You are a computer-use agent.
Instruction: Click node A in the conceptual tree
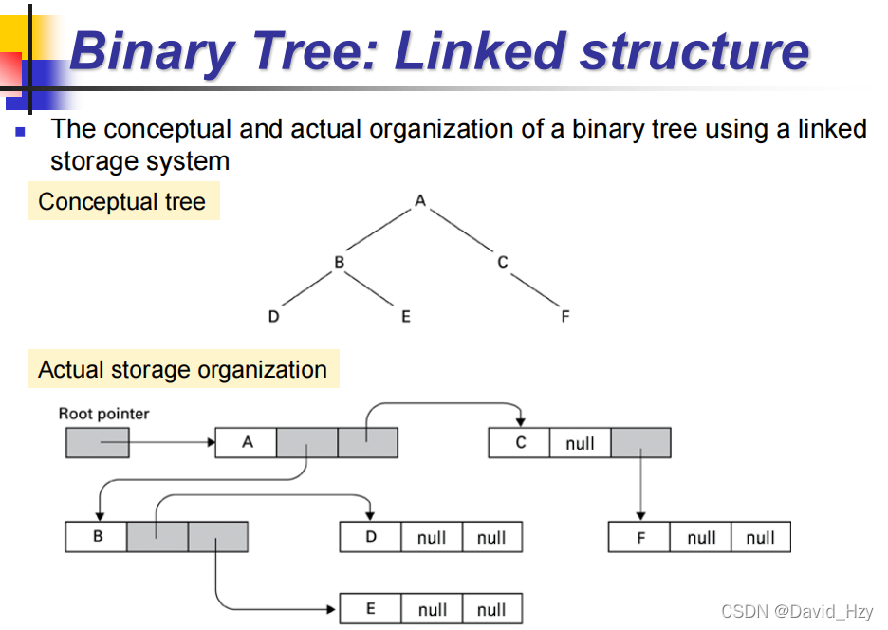click(x=420, y=200)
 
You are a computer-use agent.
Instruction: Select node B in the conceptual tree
click(x=339, y=262)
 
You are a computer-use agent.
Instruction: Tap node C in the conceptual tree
click(x=503, y=262)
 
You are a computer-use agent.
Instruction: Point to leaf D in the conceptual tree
click(x=273, y=317)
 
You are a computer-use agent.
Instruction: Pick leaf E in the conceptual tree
click(x=405, y=317)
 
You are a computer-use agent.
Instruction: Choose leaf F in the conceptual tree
click(x=565, y=317)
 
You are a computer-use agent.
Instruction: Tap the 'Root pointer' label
click(x=103, y=414)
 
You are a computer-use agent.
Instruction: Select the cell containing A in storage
click(x=246, y=443)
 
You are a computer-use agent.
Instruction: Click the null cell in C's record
click(x=580, y=443)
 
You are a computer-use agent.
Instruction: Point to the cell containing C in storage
click(x=519, y=443)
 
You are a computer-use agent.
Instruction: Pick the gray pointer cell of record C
click(x=640, y=443)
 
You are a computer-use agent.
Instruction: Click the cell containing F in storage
click(x=639, y=538)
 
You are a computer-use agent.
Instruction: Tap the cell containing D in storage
click(x=370, y=538)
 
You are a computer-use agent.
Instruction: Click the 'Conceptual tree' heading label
click(x=123, y=202)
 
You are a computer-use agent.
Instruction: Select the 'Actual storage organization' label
click(x=182, y=370)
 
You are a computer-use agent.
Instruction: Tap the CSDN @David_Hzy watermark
click(x=797, y=612)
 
